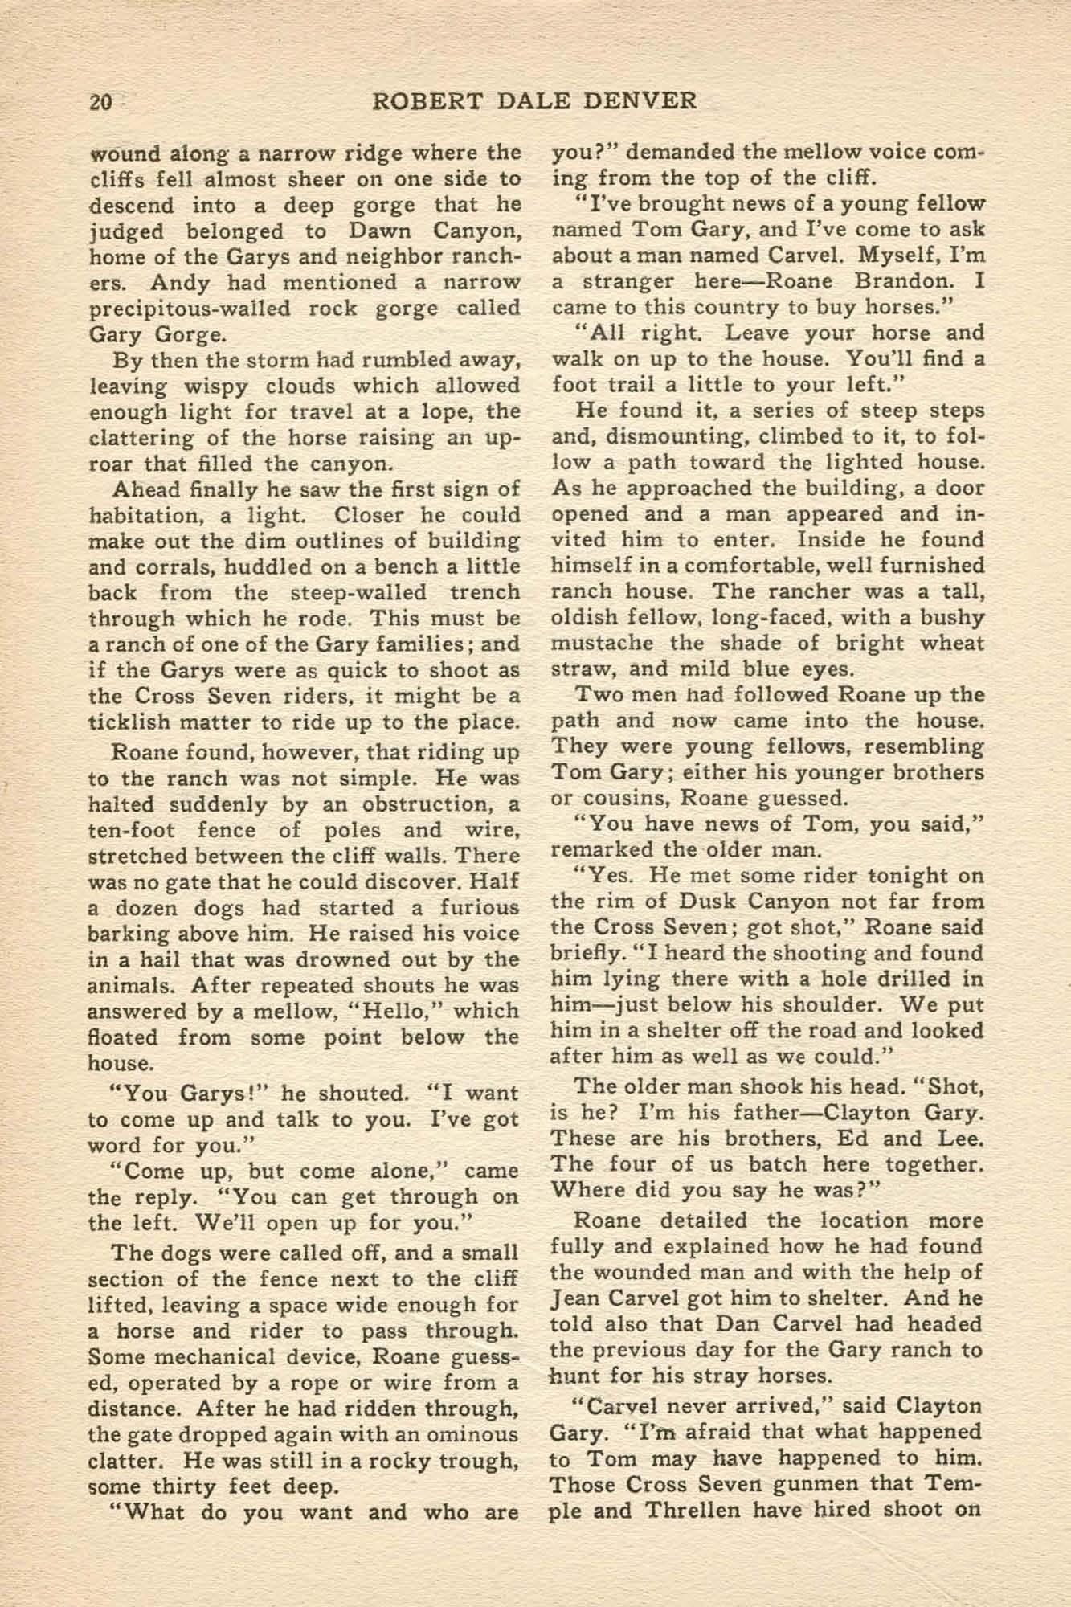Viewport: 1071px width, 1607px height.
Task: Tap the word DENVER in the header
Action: coord(645,101)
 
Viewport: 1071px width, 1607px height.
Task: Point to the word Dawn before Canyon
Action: coord(384,231)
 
